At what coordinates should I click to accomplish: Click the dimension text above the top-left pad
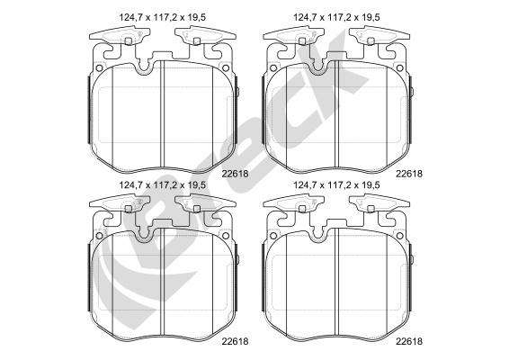(x=162, y=17)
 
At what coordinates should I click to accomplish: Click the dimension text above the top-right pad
(x=336, y=17)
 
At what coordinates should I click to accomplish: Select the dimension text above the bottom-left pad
(x=162, y=185)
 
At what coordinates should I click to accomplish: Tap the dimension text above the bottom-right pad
(x=336, y=185)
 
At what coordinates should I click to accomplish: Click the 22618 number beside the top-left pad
(x=235, y=174)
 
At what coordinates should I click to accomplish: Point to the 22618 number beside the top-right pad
(x=409, y=174)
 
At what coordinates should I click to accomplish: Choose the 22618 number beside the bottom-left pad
(x=235, y=341)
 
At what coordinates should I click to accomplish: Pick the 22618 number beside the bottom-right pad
(x=409, y=341)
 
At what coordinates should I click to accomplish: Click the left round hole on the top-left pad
(x=99, y=68)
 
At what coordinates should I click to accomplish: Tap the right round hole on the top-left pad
(x=226, y=68)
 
